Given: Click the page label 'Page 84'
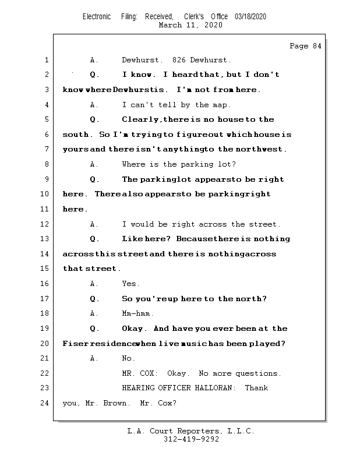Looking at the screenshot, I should (305, 46).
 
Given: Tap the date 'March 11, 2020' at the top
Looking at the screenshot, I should (190, 25).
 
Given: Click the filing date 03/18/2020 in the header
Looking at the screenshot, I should (250, 17).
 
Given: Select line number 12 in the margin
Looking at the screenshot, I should (45, 224).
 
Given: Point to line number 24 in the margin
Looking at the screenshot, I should (45, 403).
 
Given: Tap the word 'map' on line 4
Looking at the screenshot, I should (222, 105).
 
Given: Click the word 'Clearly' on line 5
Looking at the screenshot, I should (140, 120).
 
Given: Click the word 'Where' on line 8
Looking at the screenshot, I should (133, 165).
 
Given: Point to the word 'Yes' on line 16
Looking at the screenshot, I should (130, 284).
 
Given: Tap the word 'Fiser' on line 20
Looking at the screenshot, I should (74, 344).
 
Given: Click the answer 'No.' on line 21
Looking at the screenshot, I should (128, 359).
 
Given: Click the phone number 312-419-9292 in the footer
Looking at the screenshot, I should (191, 440).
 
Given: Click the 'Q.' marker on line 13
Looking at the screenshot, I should (95, 239).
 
